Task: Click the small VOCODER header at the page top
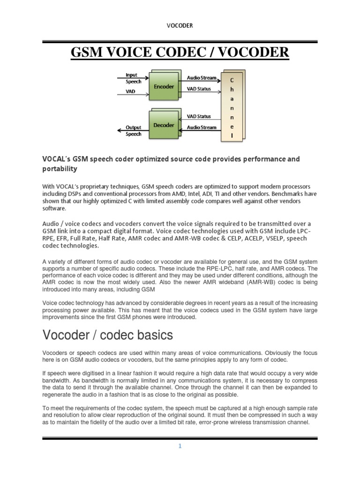[x=180, y=25]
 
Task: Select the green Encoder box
[x=164, y=87]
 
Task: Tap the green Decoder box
[x=164, y=125]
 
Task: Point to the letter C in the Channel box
[x=232, y=81]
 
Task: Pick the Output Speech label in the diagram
[x=133, y=130]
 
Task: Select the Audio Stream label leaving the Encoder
[x=202, y=78]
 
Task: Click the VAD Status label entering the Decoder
[x=199, y=116]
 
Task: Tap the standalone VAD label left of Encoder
[x=130, y=92]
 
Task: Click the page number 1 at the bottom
[x=180, y=446]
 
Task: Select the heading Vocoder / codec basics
[x=107, y=335]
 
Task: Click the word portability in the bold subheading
[x=60, y=168]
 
